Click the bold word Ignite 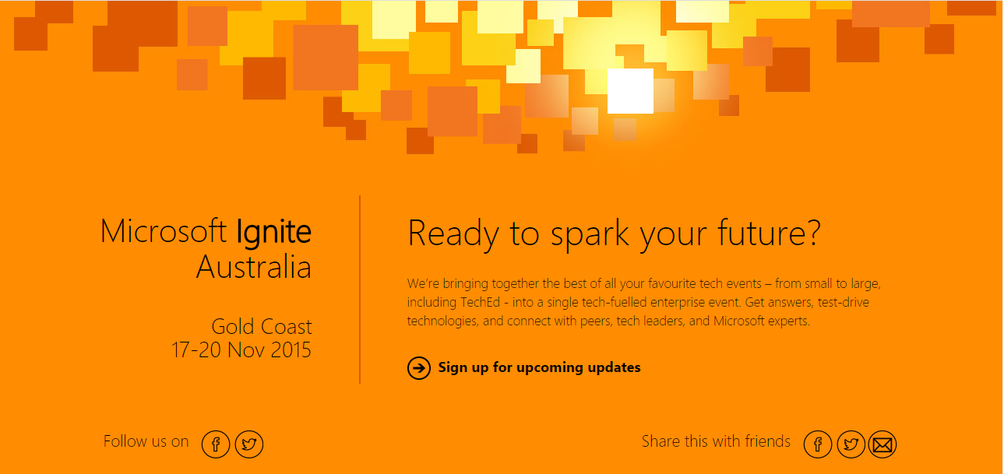tap(273, 233)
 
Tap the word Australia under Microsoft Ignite tap(254, 267)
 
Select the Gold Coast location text tap(262, 327)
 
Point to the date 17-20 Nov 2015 tap(241, 350)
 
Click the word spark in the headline tap(590, 234)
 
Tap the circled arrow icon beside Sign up tap(418, 368)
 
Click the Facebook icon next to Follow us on tap(216, 444)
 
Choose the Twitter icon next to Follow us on tap(249, 444)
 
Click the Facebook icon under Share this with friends tap(818, 444)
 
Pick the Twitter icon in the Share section tap(851, 444)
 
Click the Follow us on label tap(146, 441)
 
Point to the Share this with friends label tap(716, 441)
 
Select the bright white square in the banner tap(630, 91)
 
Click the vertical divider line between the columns tap(360, 290)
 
